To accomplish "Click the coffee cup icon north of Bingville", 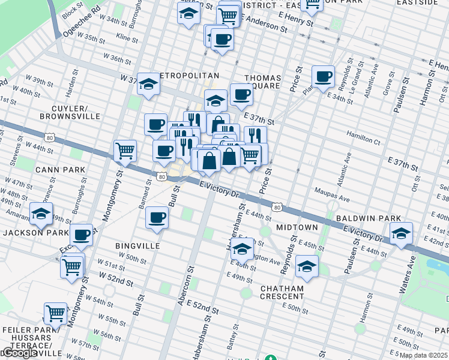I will click(157, 217).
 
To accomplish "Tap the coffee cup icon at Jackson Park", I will click(82, 235).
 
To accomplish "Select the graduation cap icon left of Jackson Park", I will click(41, 213).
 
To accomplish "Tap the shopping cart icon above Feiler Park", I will click(56, 313).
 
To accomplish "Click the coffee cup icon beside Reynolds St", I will click(323, 77).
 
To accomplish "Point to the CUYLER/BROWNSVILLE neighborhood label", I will click(64, 112).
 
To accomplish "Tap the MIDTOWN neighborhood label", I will click(297, 227).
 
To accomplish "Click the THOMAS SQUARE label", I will click(262, 82).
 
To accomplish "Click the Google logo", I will click(19, 353).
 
